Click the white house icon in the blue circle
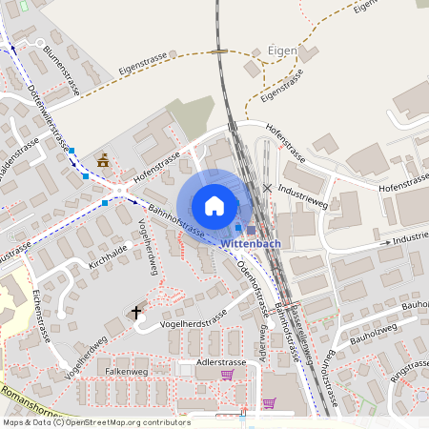(214, 206)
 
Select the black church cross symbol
(136, 311)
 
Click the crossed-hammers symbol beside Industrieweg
(267, 188)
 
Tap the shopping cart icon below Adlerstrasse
(227, 374)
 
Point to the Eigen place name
(282, 51)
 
